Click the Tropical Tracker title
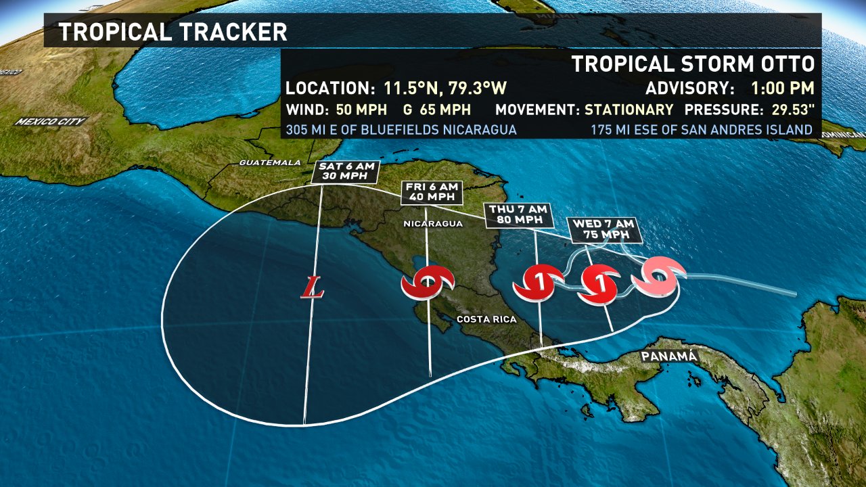click(x=173, y=32)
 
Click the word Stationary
click(x=629, y=110)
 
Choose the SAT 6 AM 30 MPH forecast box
click(x=346, y=172)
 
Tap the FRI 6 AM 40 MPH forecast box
click(x=432, y=193)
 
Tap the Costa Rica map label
click(x=486, y=319)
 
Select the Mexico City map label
click(x=51, y=122)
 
